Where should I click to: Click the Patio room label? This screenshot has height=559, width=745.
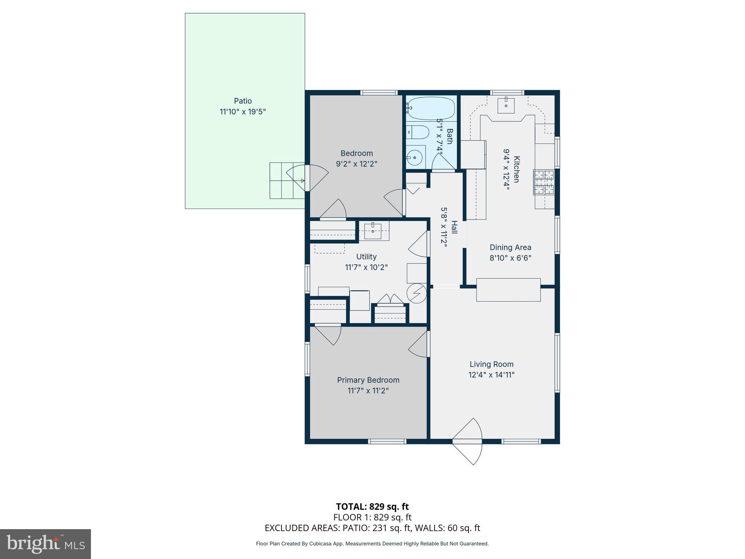click(243, 101)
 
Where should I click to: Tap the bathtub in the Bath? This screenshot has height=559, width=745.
click(431, 108)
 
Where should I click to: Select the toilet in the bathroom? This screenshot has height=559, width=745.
click(418, 132)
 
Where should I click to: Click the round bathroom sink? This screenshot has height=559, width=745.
click(414, 158)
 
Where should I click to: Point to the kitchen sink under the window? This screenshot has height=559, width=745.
click(506, 105)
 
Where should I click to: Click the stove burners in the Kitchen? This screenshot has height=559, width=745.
click(544, 182)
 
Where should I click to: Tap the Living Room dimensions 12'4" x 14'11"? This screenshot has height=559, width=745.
click(491, 375)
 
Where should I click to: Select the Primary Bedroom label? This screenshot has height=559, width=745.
click(368, 380)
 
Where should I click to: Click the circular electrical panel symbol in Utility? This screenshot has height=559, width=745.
click(417, 293)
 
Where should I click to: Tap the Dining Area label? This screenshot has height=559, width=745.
click(510, 247)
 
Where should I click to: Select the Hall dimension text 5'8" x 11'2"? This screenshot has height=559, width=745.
click(444, 227)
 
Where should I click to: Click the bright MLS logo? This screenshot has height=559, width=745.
click(45, 544)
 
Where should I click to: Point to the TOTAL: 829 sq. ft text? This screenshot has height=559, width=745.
click(372, 507)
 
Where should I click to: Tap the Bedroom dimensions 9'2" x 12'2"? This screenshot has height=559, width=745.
click(356, 164)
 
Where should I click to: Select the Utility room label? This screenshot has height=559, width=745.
click(366, 257)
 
